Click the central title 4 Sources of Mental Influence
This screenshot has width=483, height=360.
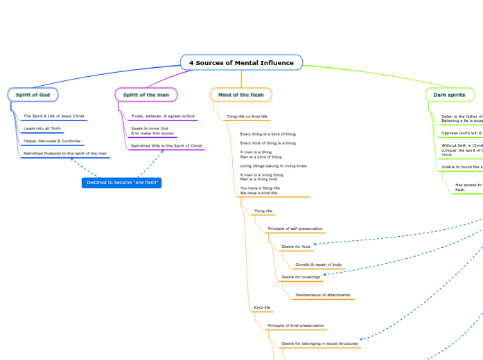pos(241,63)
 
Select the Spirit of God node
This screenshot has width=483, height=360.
pos(33,94)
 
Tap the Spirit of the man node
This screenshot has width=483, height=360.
pos(146,94)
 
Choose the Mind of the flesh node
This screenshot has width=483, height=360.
pos(240,94)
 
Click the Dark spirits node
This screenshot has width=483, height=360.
pos(450,94)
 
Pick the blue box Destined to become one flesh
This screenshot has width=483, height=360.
pos(122,182)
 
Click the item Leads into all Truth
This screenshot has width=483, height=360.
pos(42,128)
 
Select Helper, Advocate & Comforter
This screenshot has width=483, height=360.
pos(52,141)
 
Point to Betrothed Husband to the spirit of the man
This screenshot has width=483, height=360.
pos(65,153)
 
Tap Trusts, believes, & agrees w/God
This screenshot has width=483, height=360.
pos(163,116)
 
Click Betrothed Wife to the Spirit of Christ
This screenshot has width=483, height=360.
pos(166,145)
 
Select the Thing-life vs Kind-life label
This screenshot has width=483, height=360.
pos(247,116)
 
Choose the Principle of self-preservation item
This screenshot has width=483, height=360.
pos(295,228)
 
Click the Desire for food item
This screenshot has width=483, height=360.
pos(296,246)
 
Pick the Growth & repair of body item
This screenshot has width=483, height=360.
pos(319,264)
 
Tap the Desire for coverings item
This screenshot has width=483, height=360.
pos(301,277)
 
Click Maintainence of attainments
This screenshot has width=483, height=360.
pos(323,295)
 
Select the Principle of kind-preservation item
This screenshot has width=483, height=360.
pos(296,325)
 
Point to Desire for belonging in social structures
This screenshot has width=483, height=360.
pos(319,343)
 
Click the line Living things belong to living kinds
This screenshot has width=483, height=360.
pos(273,166)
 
